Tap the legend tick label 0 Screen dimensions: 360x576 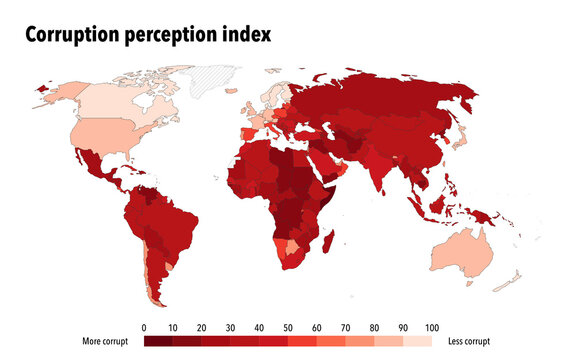click(x=144, y=327)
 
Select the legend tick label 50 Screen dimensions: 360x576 click(x=288, y=327)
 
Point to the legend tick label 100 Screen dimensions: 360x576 click(x=432, y=327)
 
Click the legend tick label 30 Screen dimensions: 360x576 click(x=230, y=327)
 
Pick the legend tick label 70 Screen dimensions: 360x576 click(x=346, y=327)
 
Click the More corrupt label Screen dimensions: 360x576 click(x=106, y=342)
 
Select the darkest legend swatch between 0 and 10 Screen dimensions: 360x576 click(x=158, y=342)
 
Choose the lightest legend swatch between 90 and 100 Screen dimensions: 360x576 click(x=418, y=342)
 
